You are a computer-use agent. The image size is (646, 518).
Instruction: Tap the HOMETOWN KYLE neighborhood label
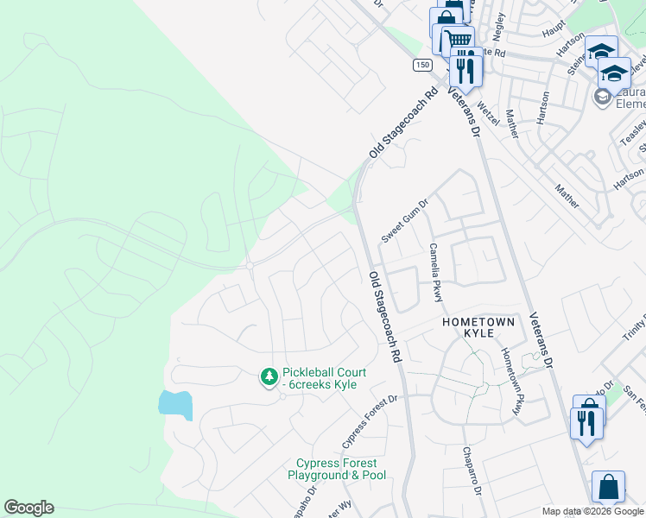click(478, 327)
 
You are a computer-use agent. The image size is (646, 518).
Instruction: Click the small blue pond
click(174, 404)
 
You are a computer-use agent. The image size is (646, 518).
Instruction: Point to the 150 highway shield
click(421, 65)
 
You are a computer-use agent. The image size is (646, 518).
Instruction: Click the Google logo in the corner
click(28, 508)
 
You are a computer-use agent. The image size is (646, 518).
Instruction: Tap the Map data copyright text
click(592, 512)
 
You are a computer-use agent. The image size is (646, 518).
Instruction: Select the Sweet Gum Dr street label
click(405, 221)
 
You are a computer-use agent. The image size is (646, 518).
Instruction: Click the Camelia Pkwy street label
click(437, 272)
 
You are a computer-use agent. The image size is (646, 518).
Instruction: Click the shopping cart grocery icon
click(458, 40)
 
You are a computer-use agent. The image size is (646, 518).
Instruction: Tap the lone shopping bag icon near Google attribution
click(608, 487)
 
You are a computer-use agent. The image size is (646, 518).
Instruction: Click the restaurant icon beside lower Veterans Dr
click(585, 422)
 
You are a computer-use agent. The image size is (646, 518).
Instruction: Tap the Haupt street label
click(553, 30)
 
